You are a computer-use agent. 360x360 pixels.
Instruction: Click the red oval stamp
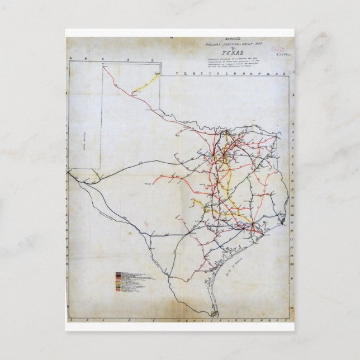click(274, 50)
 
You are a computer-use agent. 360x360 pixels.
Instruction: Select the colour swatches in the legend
click(118, 283)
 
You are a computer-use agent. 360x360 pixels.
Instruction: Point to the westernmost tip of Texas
click(68, 172)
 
